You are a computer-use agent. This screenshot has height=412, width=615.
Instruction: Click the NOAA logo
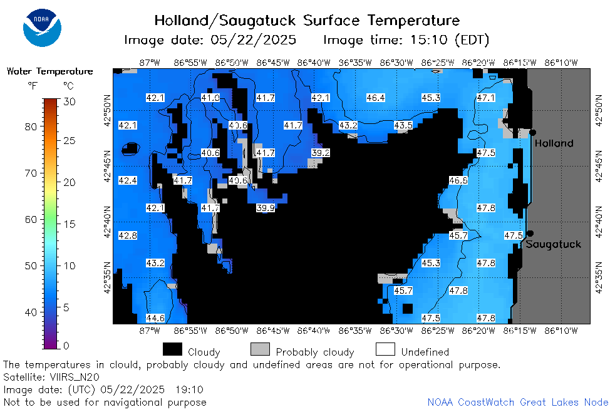42,28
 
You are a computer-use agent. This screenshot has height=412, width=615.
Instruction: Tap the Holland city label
554,143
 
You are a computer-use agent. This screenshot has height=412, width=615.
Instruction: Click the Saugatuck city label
553,244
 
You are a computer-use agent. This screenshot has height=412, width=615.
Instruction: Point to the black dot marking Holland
532,133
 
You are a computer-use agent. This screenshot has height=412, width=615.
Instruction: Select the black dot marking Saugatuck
530,234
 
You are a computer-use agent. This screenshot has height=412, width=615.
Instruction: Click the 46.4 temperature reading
375,98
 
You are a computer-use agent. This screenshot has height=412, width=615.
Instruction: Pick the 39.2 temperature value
321,153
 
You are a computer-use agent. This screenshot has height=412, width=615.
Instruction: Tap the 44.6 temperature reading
155,318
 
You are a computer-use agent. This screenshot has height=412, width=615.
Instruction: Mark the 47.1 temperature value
485,98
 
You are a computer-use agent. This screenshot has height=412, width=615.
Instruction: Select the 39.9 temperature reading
265,208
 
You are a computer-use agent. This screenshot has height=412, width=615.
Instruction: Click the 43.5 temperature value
403,125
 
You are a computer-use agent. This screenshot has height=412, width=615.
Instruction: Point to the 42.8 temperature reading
128,235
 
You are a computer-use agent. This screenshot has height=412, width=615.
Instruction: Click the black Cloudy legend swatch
172,349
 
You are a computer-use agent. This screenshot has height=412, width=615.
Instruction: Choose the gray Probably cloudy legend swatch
260,349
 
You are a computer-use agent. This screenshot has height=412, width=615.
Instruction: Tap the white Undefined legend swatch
385,349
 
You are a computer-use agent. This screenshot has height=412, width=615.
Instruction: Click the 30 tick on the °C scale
70,102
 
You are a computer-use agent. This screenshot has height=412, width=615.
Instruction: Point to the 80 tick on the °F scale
31,126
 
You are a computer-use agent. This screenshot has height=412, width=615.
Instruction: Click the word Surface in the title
331,21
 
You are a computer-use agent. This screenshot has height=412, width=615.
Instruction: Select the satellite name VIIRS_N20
75,377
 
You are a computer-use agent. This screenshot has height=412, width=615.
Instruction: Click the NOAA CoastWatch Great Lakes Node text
518,402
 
